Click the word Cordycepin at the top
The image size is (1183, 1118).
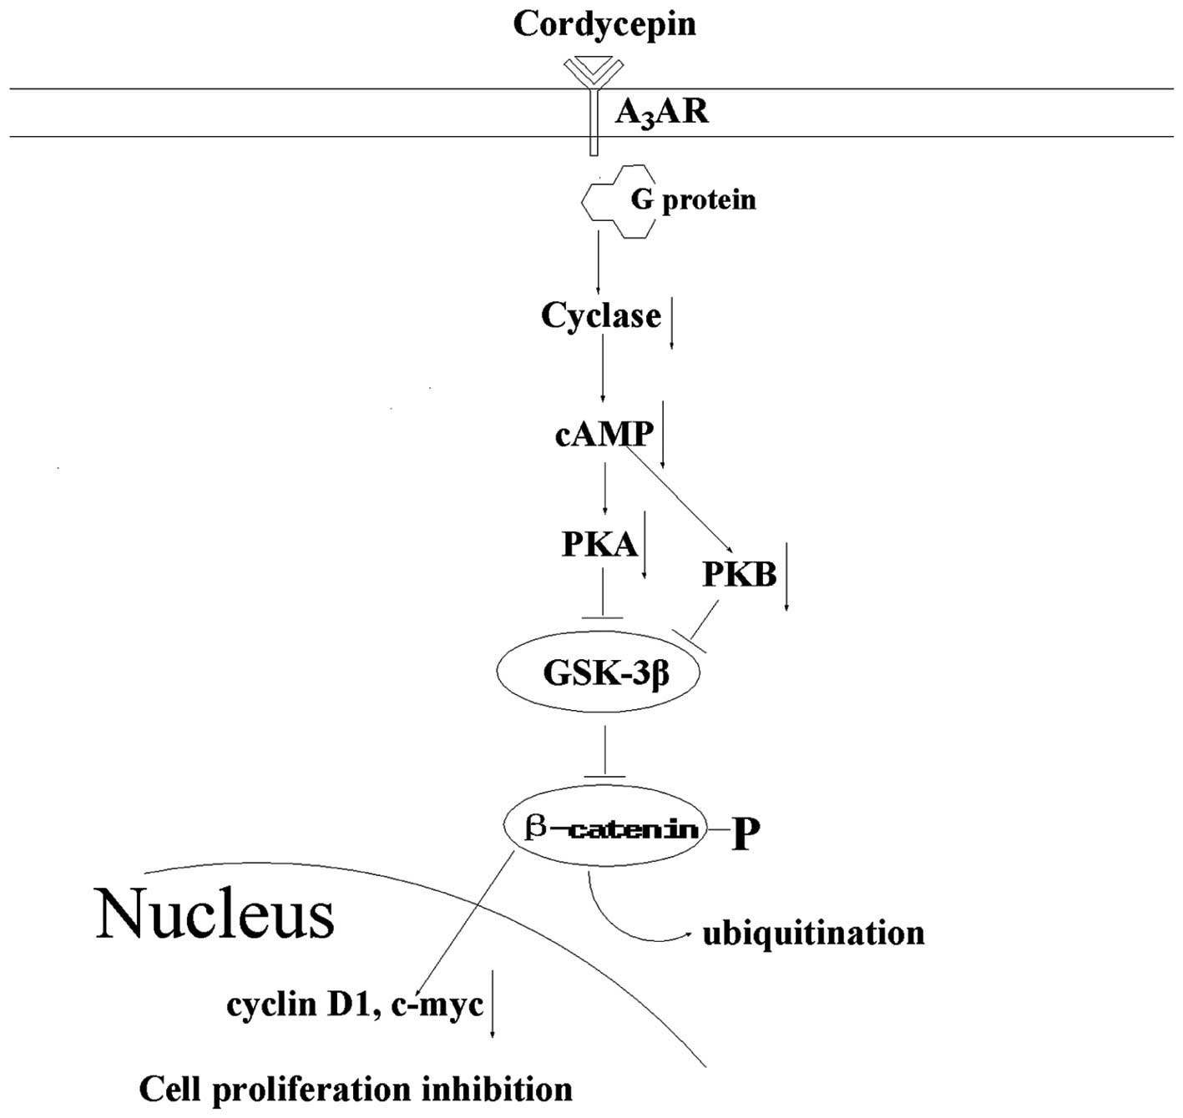(604, 23)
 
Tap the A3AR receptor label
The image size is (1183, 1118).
(661, 111)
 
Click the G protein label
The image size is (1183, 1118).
(693, 200)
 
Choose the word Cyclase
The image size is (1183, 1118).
(600, 315)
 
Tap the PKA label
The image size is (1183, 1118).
(599, 544)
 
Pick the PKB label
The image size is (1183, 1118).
(740, 574)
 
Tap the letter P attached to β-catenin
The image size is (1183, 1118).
(746, 834)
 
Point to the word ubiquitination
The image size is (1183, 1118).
(814, 933)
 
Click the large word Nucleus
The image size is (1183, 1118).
(215, 914)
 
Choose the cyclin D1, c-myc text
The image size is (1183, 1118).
(355, 1005)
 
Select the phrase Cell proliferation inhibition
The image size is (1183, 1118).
(356, 1089)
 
